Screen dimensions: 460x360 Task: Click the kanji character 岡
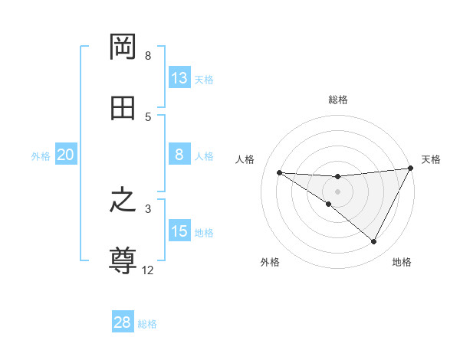click(x=123, y=47)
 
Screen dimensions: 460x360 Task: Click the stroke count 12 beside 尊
click(x=148, y=270)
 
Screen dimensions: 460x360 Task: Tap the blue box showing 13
click(x=179, y=78)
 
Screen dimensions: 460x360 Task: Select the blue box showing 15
click(x=179, y=231)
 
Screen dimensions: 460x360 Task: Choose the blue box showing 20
click(x=65, y=155)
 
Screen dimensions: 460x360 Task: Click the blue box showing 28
click(x=123, y=322)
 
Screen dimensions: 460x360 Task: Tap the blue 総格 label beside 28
click(x=148, y=324)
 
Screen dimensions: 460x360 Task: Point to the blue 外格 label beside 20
click(x=41, y=156)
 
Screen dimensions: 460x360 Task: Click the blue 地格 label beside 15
click(x=204, y=233)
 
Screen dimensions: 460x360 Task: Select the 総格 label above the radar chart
click(x=338, y=100)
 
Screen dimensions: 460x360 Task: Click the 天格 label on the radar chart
click(x=431, y=159)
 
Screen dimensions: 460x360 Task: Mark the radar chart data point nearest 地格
click(x=374, y=242)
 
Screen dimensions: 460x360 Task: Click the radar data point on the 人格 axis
click(x=279, y=172)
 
